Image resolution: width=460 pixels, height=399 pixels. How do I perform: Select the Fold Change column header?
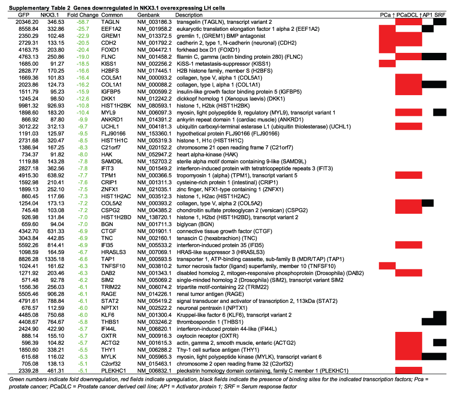click(83, 15)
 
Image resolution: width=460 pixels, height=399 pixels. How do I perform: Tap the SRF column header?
click(440, 15)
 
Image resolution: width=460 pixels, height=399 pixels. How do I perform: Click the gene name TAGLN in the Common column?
click(110, 22)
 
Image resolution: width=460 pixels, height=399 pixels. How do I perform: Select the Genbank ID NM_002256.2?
click(155, 64)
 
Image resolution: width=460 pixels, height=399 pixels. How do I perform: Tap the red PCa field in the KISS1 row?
click(387, 63)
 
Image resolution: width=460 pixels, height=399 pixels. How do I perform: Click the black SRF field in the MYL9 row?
click(440, 112)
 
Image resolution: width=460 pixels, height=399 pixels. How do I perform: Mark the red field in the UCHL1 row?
click(408, 126)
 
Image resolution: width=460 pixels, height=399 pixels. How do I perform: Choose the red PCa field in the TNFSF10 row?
click(387, 266)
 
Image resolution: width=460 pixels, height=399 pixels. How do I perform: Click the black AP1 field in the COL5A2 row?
click(428, 203)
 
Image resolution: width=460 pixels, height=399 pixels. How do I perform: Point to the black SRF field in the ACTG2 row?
click(440, 342)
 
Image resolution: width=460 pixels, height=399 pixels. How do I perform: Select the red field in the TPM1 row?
click(408, 175)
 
